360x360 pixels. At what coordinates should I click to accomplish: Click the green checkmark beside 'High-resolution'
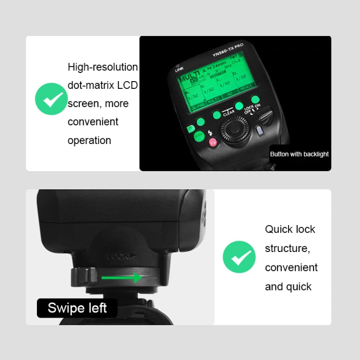point(51,99)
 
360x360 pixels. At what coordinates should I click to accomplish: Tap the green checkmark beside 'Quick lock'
point(239,257)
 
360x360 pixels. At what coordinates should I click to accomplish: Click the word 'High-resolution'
point(103,67)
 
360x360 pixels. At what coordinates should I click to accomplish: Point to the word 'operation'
point(89,140)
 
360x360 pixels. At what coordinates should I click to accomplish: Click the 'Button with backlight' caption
point(299,154)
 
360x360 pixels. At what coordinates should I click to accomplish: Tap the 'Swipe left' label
point(77,308)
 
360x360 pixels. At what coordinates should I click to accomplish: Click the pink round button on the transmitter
point(213,142)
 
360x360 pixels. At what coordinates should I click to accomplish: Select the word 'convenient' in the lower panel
point(291,267)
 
